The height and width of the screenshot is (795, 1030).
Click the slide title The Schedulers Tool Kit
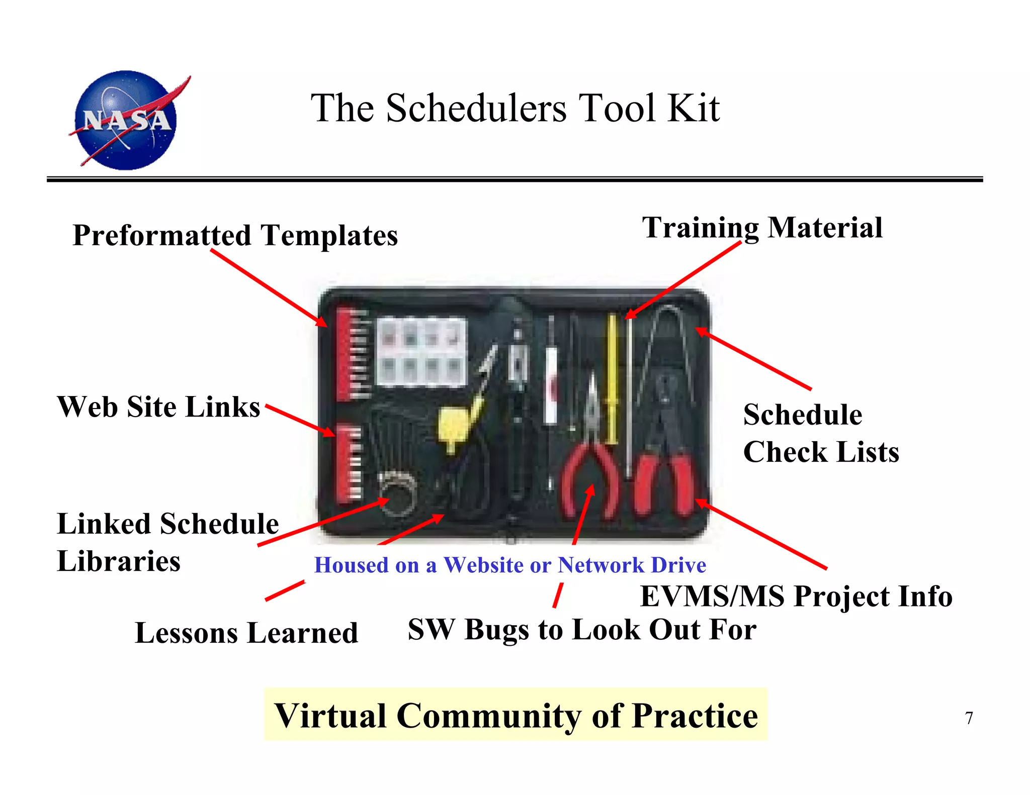pyautogui.click(x=515, y=108)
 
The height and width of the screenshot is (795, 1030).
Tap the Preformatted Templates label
pyautogui.click(x=235, y=235)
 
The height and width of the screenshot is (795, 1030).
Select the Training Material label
pyautogui.click(x=762, y=228)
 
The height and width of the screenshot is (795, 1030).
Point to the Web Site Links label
pyautogui.click(x=158, y=407)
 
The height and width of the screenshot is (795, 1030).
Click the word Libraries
pyautogui.click(x=119, y=561)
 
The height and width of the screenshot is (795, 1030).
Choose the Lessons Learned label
pyautogui.click(x=246, y=633)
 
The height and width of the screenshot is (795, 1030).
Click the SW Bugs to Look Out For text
pyautogui.click(x=582, y=629)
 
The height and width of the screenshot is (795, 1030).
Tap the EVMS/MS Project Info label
pyautogui.click(x=796, y=597)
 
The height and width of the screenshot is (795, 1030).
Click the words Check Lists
pyautogui.click(x=821, y=452)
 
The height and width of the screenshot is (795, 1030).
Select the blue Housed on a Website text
pyautogui.click(x=510, y=565)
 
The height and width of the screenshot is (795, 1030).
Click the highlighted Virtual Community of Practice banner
pyautogui.click(x=516, y=715)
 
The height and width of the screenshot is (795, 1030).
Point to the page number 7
pyautogui.click(x=969, y=718)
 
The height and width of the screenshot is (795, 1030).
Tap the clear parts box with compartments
pyautogui.click(x=421, y=352)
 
